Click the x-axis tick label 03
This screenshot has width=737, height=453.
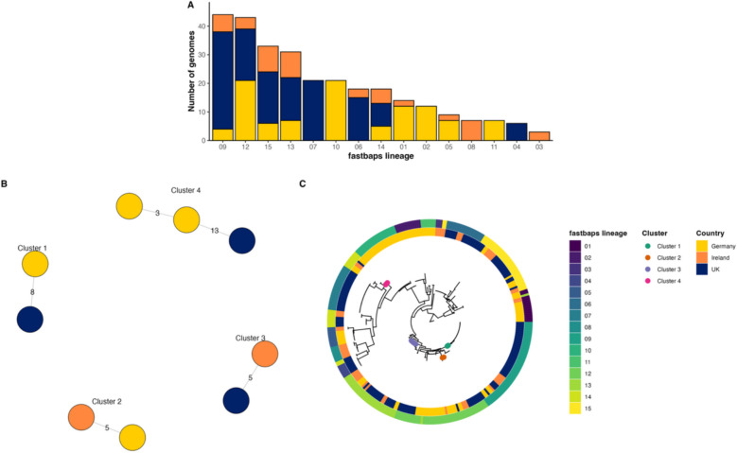click(x=539, y=148)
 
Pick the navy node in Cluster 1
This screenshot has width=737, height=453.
click(x=34, y=320)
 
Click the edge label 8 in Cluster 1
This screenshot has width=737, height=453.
click(x=34, y=294)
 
